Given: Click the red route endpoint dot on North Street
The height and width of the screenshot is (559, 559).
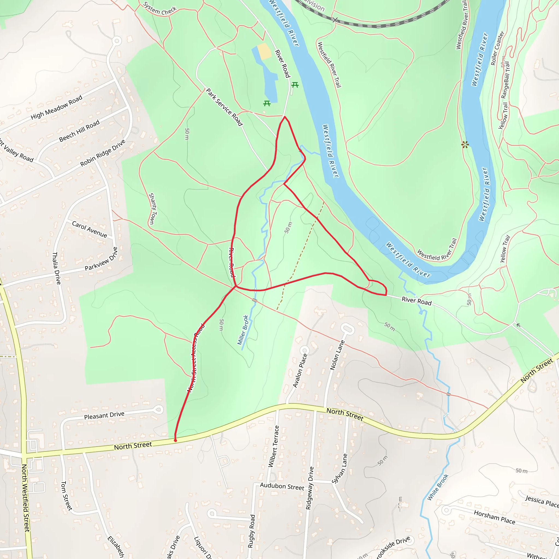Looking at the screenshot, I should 175,440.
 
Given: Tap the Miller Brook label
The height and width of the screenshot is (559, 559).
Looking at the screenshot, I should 243,330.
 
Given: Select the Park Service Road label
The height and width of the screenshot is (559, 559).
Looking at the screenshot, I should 224,107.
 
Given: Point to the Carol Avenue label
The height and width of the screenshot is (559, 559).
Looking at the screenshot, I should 90,230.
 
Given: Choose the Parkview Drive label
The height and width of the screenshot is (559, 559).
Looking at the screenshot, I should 101,259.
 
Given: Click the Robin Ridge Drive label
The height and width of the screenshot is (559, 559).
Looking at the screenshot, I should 103,153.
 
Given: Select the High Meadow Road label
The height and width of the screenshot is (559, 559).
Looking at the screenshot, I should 57,107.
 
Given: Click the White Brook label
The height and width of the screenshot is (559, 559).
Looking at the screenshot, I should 438,487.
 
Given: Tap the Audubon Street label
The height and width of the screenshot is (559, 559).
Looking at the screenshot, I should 282,486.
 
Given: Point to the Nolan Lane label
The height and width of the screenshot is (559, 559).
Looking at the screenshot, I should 337,355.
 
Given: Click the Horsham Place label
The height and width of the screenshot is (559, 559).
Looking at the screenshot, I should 495,517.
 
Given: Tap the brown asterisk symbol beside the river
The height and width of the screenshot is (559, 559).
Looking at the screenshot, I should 465,145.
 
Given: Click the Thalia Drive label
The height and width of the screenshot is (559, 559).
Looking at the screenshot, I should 57,268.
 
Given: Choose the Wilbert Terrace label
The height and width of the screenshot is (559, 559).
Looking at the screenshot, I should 273,446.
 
